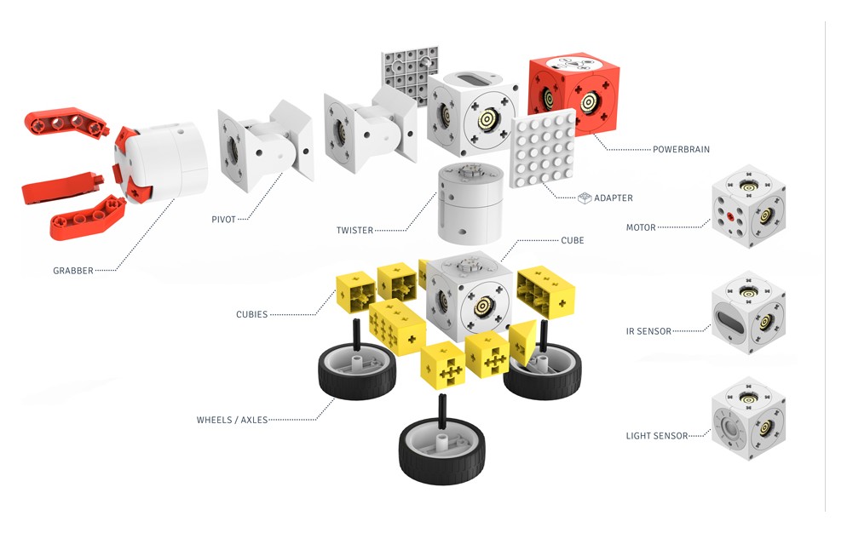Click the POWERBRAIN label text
point(681,150)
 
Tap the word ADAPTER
point(613,198)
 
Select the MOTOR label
point(641,227)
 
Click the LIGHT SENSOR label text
point(656,436)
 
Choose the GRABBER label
point(72,272)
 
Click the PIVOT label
point(223,220)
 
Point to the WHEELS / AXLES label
point(232,420)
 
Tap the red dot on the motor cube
point(730,217)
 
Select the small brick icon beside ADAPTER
point(585,198)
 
